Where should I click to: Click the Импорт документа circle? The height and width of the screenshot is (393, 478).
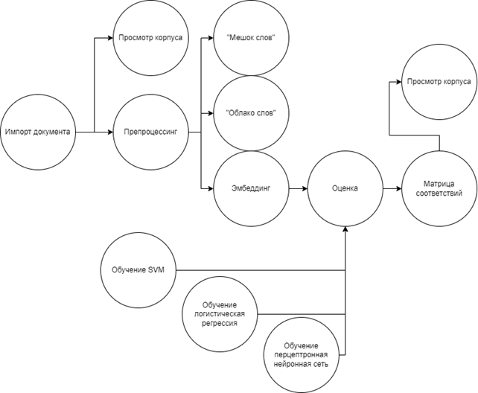pos(38,132)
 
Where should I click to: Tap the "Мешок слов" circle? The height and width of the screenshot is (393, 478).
pos(250,37)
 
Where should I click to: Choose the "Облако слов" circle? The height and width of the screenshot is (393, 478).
pos(250,112)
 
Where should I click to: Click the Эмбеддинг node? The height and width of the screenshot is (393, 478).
pos(250,189)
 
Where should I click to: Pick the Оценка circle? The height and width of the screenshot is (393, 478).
pos(345,189)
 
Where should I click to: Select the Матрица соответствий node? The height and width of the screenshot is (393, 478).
pos(439,189)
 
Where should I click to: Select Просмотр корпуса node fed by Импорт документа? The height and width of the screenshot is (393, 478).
pos(150,37)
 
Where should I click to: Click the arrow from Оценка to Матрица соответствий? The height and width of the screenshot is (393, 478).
pos(392,189)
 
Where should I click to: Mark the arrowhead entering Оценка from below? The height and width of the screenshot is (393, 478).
pos(345,230)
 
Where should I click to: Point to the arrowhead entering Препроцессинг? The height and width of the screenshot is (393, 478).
pos(109,132)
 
